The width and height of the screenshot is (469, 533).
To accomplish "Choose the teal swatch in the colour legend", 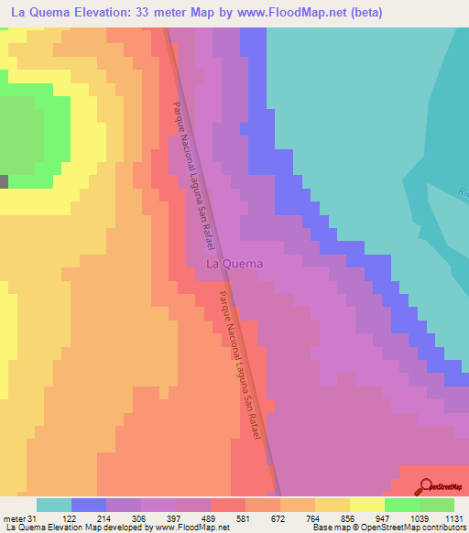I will tap(54, 505).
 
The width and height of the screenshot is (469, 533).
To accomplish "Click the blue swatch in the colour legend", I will tap(89, 505).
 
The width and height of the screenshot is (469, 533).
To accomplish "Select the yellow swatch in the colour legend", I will tap(366, 505).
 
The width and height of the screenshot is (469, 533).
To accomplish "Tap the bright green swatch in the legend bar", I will tap(401, 505).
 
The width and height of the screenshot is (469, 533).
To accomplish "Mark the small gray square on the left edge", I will tap(4, 180).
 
